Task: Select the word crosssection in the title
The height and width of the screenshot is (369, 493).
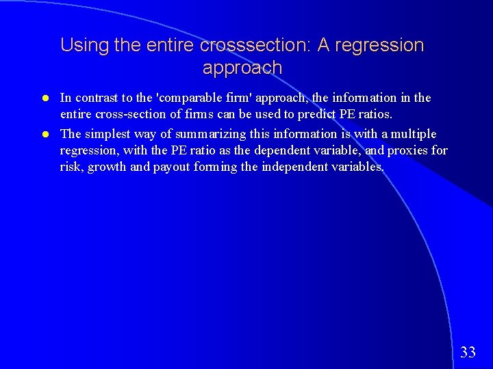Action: pos(254,46)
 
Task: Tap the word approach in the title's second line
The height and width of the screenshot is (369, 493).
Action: pos(242,68)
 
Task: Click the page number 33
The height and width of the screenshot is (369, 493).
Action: pos(468,353)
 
